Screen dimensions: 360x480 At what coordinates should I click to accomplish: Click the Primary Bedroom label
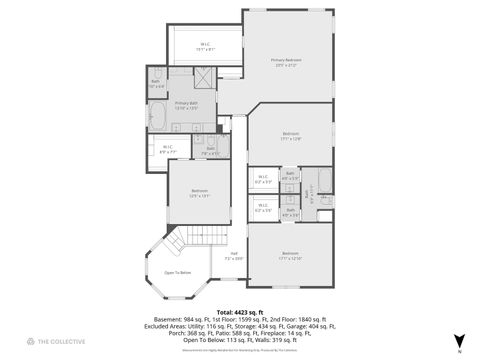coord(285,61)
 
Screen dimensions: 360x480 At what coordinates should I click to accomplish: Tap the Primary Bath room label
coord(186,103)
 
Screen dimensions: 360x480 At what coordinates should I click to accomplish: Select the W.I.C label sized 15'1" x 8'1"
coord(204,45)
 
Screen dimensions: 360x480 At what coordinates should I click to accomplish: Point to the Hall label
coord(234,256)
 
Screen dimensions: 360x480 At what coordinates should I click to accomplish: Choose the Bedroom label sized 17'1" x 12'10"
coord(290,255)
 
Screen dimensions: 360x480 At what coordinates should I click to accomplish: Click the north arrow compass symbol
coord(459,341)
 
